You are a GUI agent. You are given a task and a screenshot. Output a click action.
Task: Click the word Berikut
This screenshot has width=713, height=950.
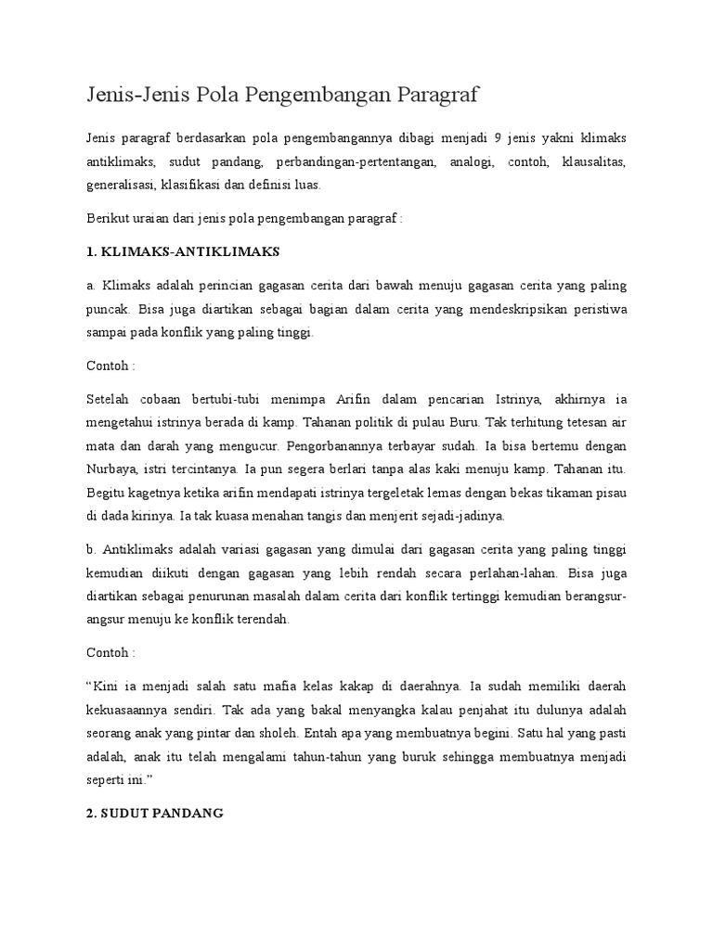click(105, 219)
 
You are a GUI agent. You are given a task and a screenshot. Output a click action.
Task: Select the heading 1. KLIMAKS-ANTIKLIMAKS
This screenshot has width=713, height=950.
click(181, 251)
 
